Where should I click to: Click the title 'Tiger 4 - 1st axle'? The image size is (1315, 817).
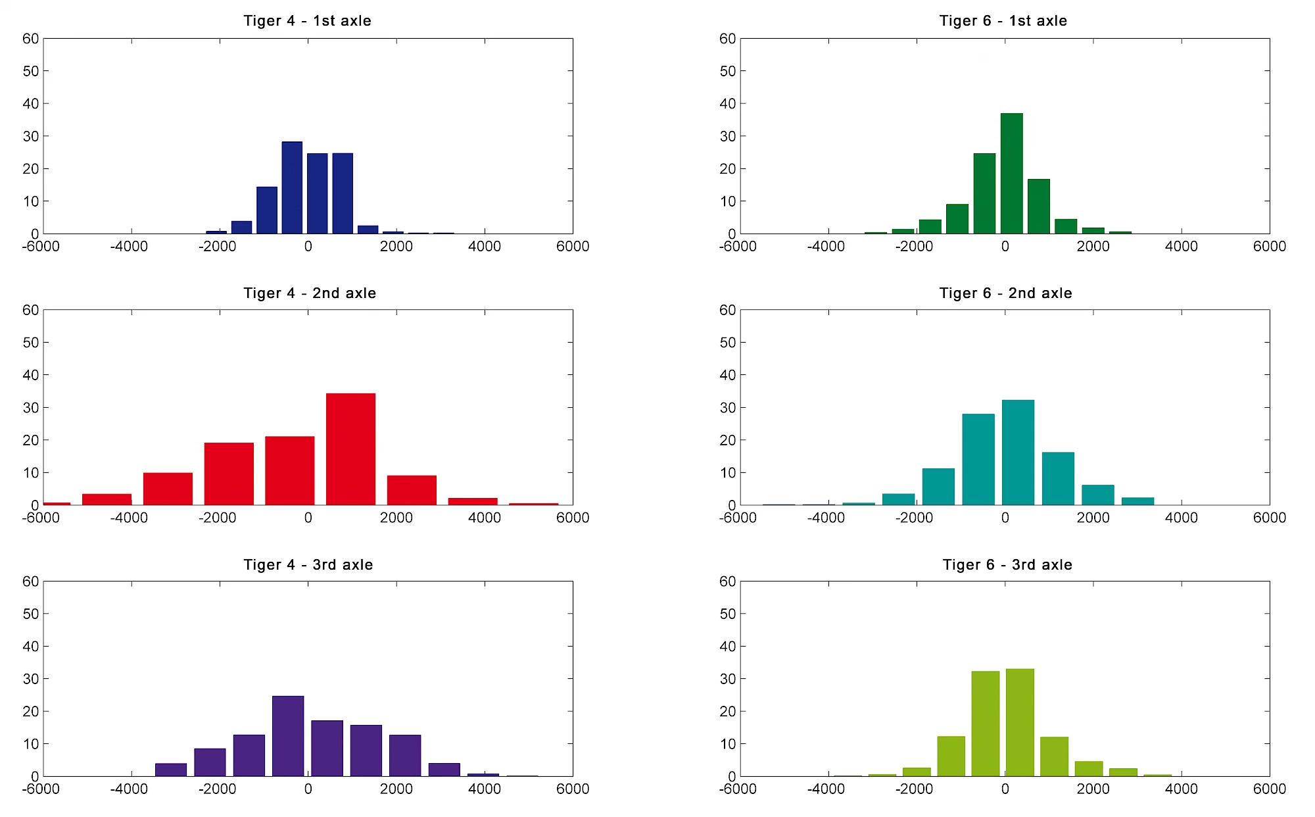(307, 21)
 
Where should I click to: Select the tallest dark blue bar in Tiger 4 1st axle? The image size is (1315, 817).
(292, 187)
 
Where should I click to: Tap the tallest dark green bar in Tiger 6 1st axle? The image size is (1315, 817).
(1011, 174)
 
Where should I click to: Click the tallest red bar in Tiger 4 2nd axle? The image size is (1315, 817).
(350, 449)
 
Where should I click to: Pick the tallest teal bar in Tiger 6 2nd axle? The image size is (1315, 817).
(1018, 453)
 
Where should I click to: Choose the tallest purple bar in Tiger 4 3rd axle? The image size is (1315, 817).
(288, 736)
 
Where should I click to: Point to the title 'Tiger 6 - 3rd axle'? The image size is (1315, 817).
(1007, 565)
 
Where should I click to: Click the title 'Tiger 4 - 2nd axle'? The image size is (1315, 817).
(310, 293)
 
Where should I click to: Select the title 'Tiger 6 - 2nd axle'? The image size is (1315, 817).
(1005, 293)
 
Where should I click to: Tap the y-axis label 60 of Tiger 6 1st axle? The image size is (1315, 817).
(727, 39)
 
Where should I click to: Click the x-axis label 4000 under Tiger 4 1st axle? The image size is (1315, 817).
(484, 247)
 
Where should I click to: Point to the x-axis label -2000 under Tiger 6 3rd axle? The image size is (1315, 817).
(914, 789)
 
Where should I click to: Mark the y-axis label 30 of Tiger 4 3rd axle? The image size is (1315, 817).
(31, 679)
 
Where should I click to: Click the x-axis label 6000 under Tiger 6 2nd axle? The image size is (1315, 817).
(1269, 518)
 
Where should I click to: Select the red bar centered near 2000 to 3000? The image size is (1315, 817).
(412, 490)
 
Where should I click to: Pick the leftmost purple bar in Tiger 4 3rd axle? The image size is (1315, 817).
(171, 770)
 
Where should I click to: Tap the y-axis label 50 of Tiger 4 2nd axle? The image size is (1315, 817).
(31, 343)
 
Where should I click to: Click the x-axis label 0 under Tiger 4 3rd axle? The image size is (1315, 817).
(308, 789)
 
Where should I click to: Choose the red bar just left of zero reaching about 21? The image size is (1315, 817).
(289, 471)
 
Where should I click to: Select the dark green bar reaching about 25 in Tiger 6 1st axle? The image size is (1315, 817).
(984, 193)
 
